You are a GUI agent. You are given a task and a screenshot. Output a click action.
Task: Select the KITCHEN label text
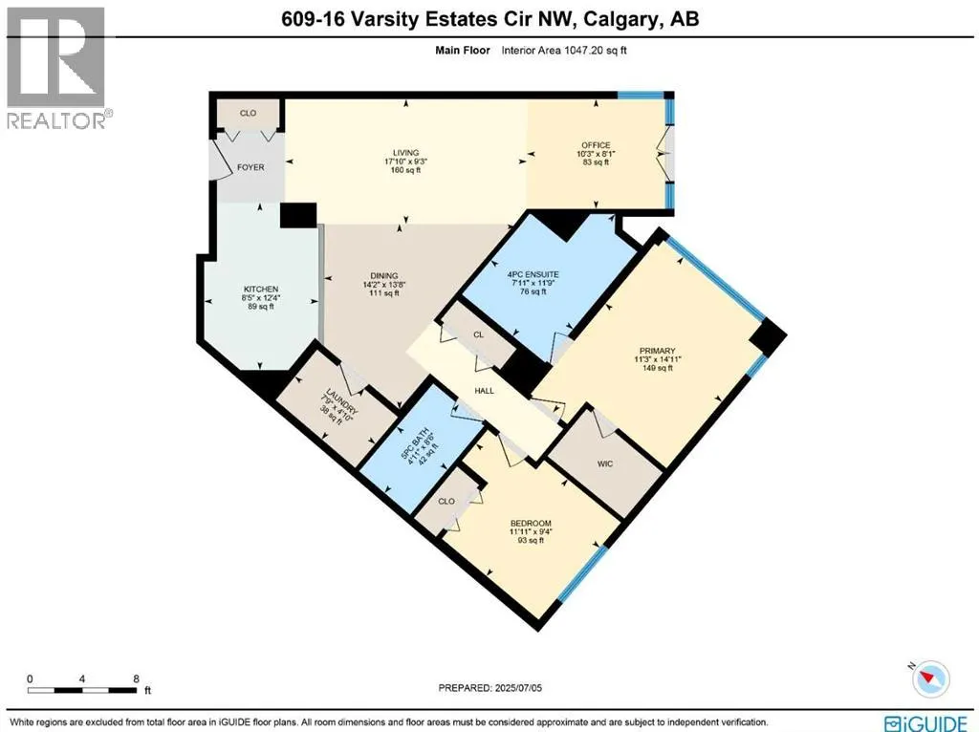coord(260,289)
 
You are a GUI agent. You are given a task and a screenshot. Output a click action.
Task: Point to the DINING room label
coord(368,272)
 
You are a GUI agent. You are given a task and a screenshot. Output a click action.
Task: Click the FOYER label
coord(250,167)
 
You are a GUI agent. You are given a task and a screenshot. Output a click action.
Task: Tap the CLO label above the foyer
coord(248,113)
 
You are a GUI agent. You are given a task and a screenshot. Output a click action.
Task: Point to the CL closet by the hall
coord(477,334)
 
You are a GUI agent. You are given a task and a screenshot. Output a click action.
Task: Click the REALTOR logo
coord(57,67)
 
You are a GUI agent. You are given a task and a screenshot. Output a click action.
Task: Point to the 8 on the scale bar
coord(137,678)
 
